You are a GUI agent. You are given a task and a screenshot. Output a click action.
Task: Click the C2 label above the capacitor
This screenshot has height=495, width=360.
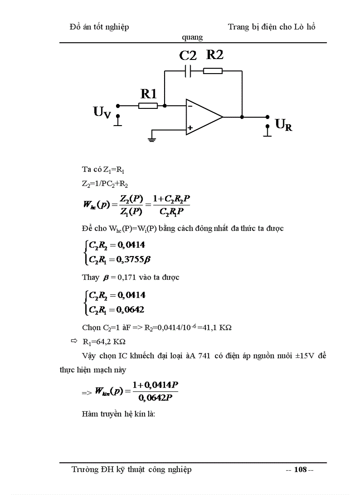[x=188, y=56]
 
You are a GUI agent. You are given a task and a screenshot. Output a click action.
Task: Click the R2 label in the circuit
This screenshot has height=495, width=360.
[x=215, y=55]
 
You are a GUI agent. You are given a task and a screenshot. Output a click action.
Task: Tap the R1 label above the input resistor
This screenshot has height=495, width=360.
[x=149, y=93]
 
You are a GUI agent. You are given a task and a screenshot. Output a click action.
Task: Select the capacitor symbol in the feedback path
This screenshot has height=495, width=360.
[x=188, y=71]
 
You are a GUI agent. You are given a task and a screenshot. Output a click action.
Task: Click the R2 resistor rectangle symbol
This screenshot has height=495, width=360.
[x=213, y=71]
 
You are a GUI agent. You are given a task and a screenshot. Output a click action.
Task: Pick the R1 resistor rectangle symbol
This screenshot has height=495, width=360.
[x=148, y=106]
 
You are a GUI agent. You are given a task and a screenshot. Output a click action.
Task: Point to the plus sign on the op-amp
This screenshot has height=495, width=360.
[x=190, y=128]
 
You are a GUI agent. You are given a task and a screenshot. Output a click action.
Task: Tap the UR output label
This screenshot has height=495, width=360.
[x=284, y=125]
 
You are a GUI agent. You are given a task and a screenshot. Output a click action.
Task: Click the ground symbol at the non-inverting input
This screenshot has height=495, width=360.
[x=152, y=139]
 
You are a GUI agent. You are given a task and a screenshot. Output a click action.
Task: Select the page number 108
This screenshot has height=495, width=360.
[x=300, y=469]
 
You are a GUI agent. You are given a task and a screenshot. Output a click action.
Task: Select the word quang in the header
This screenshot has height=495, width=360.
[x=193, y=37]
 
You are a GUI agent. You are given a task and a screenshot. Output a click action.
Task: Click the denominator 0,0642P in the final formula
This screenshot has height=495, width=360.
[x=158, y=398]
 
